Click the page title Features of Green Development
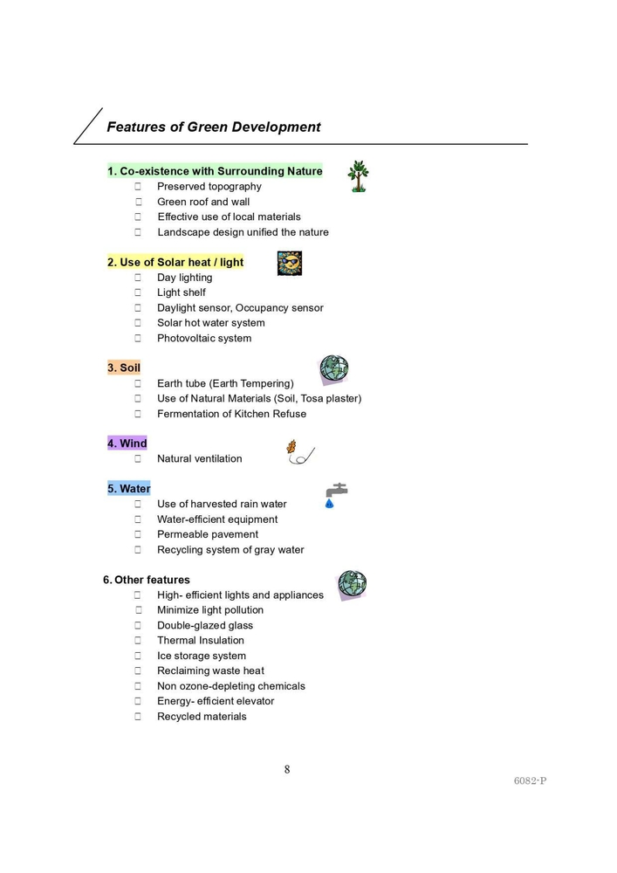coord(213,127)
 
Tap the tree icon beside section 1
coord(357,176)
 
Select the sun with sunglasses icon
coord(289,263)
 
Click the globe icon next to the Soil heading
coord(333,369)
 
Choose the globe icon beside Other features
coord(352,584)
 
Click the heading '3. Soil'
coord(124,368)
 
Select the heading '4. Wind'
coord(127,443)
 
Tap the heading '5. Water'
coord(129,489)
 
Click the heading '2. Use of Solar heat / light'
coord(175,262)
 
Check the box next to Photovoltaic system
coord(138,339)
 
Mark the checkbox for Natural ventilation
coord(138,459)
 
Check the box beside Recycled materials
coord(138,717)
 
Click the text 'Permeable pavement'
coord(208,534)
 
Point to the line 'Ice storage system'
coord(202,656)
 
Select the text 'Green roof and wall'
coord(203,202)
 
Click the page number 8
coord(287,769)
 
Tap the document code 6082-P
coord(530,780)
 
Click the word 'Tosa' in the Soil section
coord(313,399)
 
